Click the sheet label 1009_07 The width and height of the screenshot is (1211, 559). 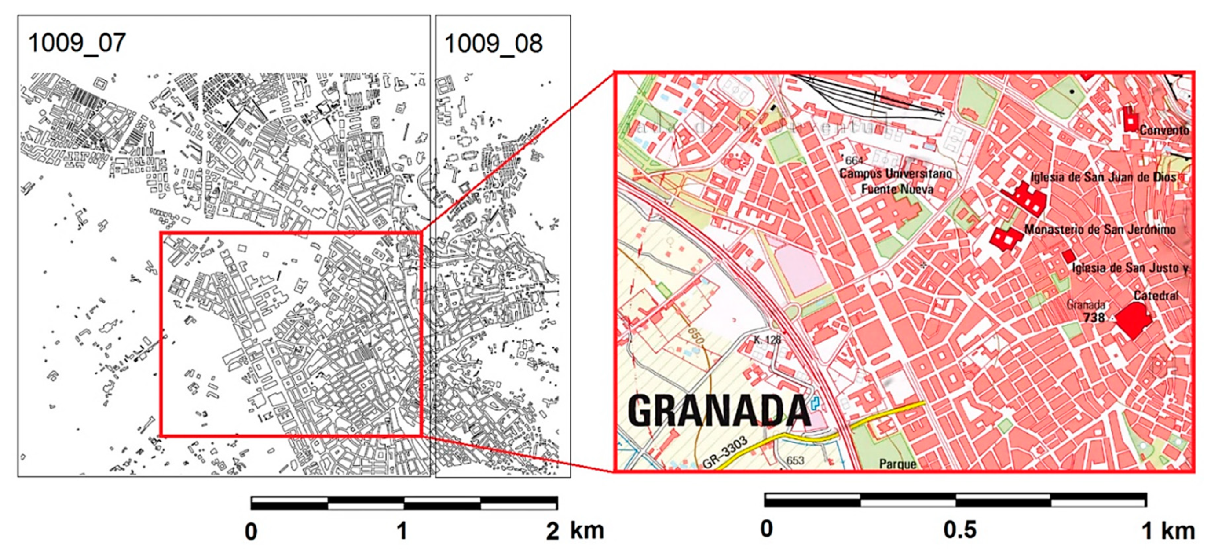point(77,43)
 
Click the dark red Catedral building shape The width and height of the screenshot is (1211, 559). point(1134,320)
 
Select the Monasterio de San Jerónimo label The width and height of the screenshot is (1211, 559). point(1099,230)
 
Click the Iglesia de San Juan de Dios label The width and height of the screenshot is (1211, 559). point(1103,178)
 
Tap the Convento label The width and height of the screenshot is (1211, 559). point(1163,130)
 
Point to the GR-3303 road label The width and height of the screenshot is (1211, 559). point(724,453)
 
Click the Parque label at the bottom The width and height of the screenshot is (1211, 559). point(897,464)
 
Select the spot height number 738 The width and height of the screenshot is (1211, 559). point(1094,318)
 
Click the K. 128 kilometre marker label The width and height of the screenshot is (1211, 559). point(767,340)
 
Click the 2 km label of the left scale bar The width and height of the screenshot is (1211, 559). point(574,531)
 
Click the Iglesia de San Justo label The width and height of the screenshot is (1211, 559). point(1129,268)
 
